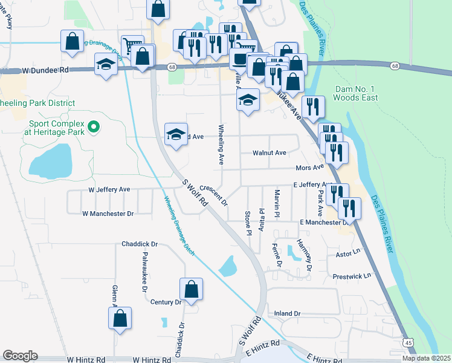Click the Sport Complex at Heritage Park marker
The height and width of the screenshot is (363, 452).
tap(93, 127)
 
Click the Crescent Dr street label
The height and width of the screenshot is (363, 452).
tap(213, 195)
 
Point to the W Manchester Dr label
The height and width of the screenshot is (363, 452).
tap(108, 214)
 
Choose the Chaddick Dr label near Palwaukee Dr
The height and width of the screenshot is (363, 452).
tap(139, 244)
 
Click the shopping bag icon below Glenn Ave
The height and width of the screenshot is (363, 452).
tap(120, 318)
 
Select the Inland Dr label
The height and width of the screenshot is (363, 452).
tap(287, 313)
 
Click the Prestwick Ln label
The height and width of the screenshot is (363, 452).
tap(352, 276)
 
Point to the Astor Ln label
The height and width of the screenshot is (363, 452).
tap(347, 249)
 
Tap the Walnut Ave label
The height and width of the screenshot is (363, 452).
tap(269, 153)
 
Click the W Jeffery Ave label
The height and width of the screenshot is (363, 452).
tap(109, 189)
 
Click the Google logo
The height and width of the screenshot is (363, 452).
tap(20, 356)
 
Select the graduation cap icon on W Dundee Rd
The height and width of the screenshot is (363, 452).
tap(106, 65)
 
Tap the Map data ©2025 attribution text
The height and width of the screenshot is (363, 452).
tap(426, 358)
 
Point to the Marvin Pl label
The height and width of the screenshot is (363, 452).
tap(277, 203)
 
